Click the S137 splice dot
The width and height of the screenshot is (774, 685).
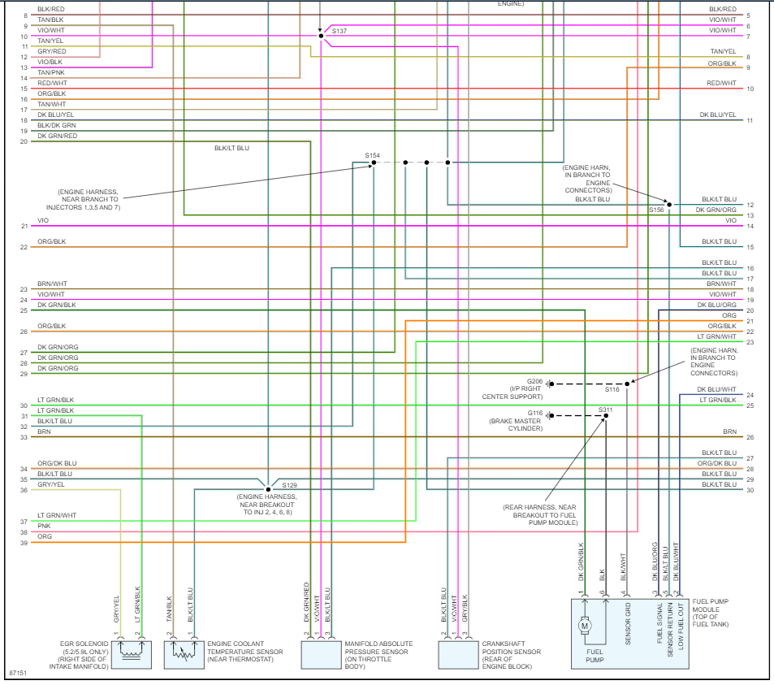point(321,36)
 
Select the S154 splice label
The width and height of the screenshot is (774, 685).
point(372,154)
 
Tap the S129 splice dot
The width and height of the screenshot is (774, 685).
point(268,489)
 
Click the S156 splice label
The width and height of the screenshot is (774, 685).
point(656,210)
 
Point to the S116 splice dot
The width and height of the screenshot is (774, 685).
point(627,384)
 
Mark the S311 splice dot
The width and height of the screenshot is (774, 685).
point(606,416)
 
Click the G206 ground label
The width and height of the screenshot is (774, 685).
point(534,380)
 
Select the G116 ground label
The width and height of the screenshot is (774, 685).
point(534,413)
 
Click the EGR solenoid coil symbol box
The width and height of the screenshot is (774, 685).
point(130,652)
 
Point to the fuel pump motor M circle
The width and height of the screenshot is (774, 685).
point(584,626)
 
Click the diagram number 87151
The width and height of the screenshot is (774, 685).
point(17,674)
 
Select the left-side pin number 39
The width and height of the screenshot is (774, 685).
point(24,543)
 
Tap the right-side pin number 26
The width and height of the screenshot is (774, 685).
point(750,437)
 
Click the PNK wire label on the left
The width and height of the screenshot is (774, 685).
point(44,527)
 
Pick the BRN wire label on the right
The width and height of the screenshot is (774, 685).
point(729,431)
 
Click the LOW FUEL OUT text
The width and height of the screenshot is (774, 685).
point(681,625)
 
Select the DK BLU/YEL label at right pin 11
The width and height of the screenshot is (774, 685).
point(718,115)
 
